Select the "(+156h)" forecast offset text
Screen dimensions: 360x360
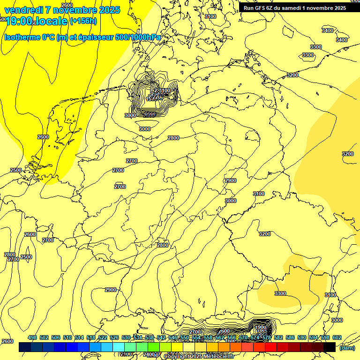coord(83,21)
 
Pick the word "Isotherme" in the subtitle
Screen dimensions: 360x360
coord(22,37)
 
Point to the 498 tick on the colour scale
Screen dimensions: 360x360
coord(32,337)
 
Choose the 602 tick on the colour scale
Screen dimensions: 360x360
coord(337,337)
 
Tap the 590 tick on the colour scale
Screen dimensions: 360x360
coord(302,337)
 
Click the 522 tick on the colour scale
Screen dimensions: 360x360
coord(103,337)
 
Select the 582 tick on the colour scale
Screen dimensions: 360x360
coord(278,337)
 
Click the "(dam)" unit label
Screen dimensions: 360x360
coord(347,347)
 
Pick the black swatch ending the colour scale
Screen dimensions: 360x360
coord(330,347)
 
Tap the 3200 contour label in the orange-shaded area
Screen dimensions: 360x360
coord(347,154)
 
